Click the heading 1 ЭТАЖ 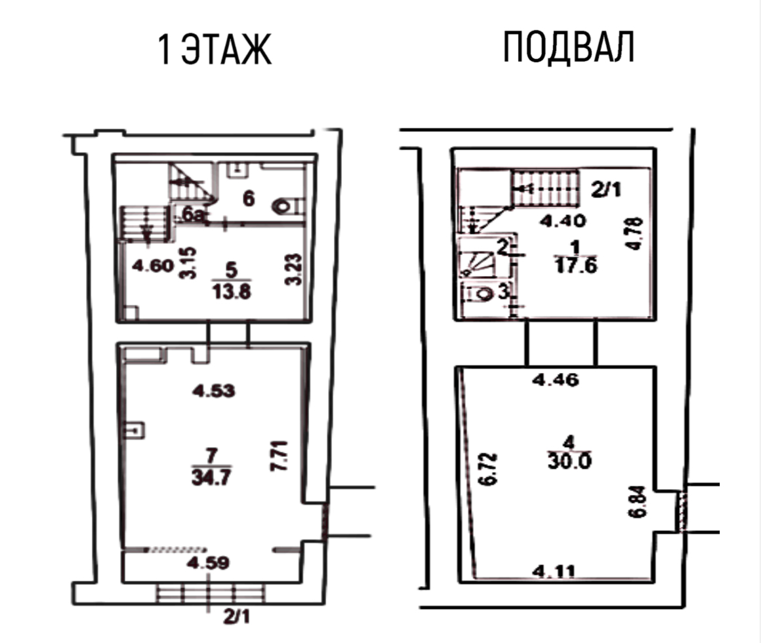click(214, 50)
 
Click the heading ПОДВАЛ click(568, 47)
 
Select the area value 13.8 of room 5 click(232, 292)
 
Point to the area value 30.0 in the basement click(569, 461)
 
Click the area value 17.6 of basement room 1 click(575, 265)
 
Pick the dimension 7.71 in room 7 click(280, 456)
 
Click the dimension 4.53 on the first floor click(214, 391)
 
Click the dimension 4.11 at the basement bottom click(553, 572)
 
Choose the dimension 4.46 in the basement click(556, 379)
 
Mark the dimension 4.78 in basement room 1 click(634, 233)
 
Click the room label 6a click(193, 214)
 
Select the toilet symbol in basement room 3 click(484, 294)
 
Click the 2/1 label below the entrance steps click(236, 616)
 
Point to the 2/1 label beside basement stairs click(606, 189)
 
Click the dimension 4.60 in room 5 click(154, 265)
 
